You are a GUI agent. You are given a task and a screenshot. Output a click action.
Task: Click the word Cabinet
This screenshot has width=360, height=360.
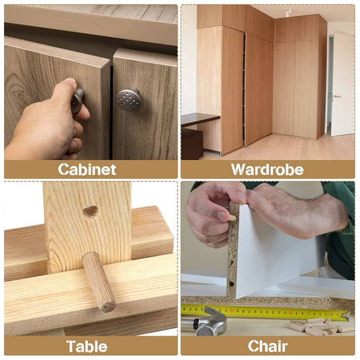86,170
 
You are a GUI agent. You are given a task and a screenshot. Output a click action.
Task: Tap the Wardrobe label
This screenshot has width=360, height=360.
267,170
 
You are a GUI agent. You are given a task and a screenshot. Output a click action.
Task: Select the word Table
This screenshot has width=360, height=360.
86,346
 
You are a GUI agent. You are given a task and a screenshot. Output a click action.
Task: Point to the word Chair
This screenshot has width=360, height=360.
267,346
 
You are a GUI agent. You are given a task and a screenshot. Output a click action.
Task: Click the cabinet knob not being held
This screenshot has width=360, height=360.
129,99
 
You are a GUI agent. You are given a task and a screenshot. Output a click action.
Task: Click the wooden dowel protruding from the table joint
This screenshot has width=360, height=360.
99,281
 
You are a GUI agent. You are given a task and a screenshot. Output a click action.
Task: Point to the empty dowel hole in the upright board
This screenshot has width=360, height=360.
91,211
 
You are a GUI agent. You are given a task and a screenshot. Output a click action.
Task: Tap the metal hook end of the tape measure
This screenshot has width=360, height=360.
345,315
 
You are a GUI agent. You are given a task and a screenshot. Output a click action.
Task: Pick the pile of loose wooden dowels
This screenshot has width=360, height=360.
317,327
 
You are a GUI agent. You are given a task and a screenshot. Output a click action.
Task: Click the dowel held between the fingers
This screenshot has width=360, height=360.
231,217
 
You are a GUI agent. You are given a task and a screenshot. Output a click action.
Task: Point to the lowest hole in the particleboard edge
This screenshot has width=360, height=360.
231,284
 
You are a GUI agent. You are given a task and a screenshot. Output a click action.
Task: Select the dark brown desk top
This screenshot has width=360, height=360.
199,118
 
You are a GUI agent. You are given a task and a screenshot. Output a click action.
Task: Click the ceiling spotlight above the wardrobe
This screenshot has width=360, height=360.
288,12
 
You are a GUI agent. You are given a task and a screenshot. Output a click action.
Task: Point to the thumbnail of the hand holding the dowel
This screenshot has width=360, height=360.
223,215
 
